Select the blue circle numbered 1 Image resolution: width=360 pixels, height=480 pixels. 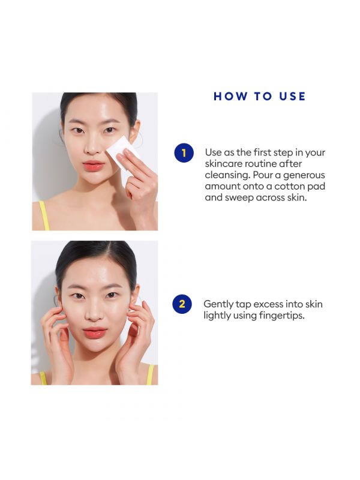[x=184, y=153]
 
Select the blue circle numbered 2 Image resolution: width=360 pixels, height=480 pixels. [x=182, y=304]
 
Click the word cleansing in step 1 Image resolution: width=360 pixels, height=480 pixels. [x=227, y=175]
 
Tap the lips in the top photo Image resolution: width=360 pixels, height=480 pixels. [x=94, y=166]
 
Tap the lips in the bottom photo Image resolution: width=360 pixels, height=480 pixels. [x=95, y=332]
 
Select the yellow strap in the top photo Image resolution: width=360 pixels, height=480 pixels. [x=44, y=215]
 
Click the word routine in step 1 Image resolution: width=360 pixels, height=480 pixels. [x=260, y=164]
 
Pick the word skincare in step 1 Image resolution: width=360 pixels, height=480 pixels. [x=223, y=164]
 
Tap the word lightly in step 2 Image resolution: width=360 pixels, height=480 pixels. [x=217, y=316]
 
